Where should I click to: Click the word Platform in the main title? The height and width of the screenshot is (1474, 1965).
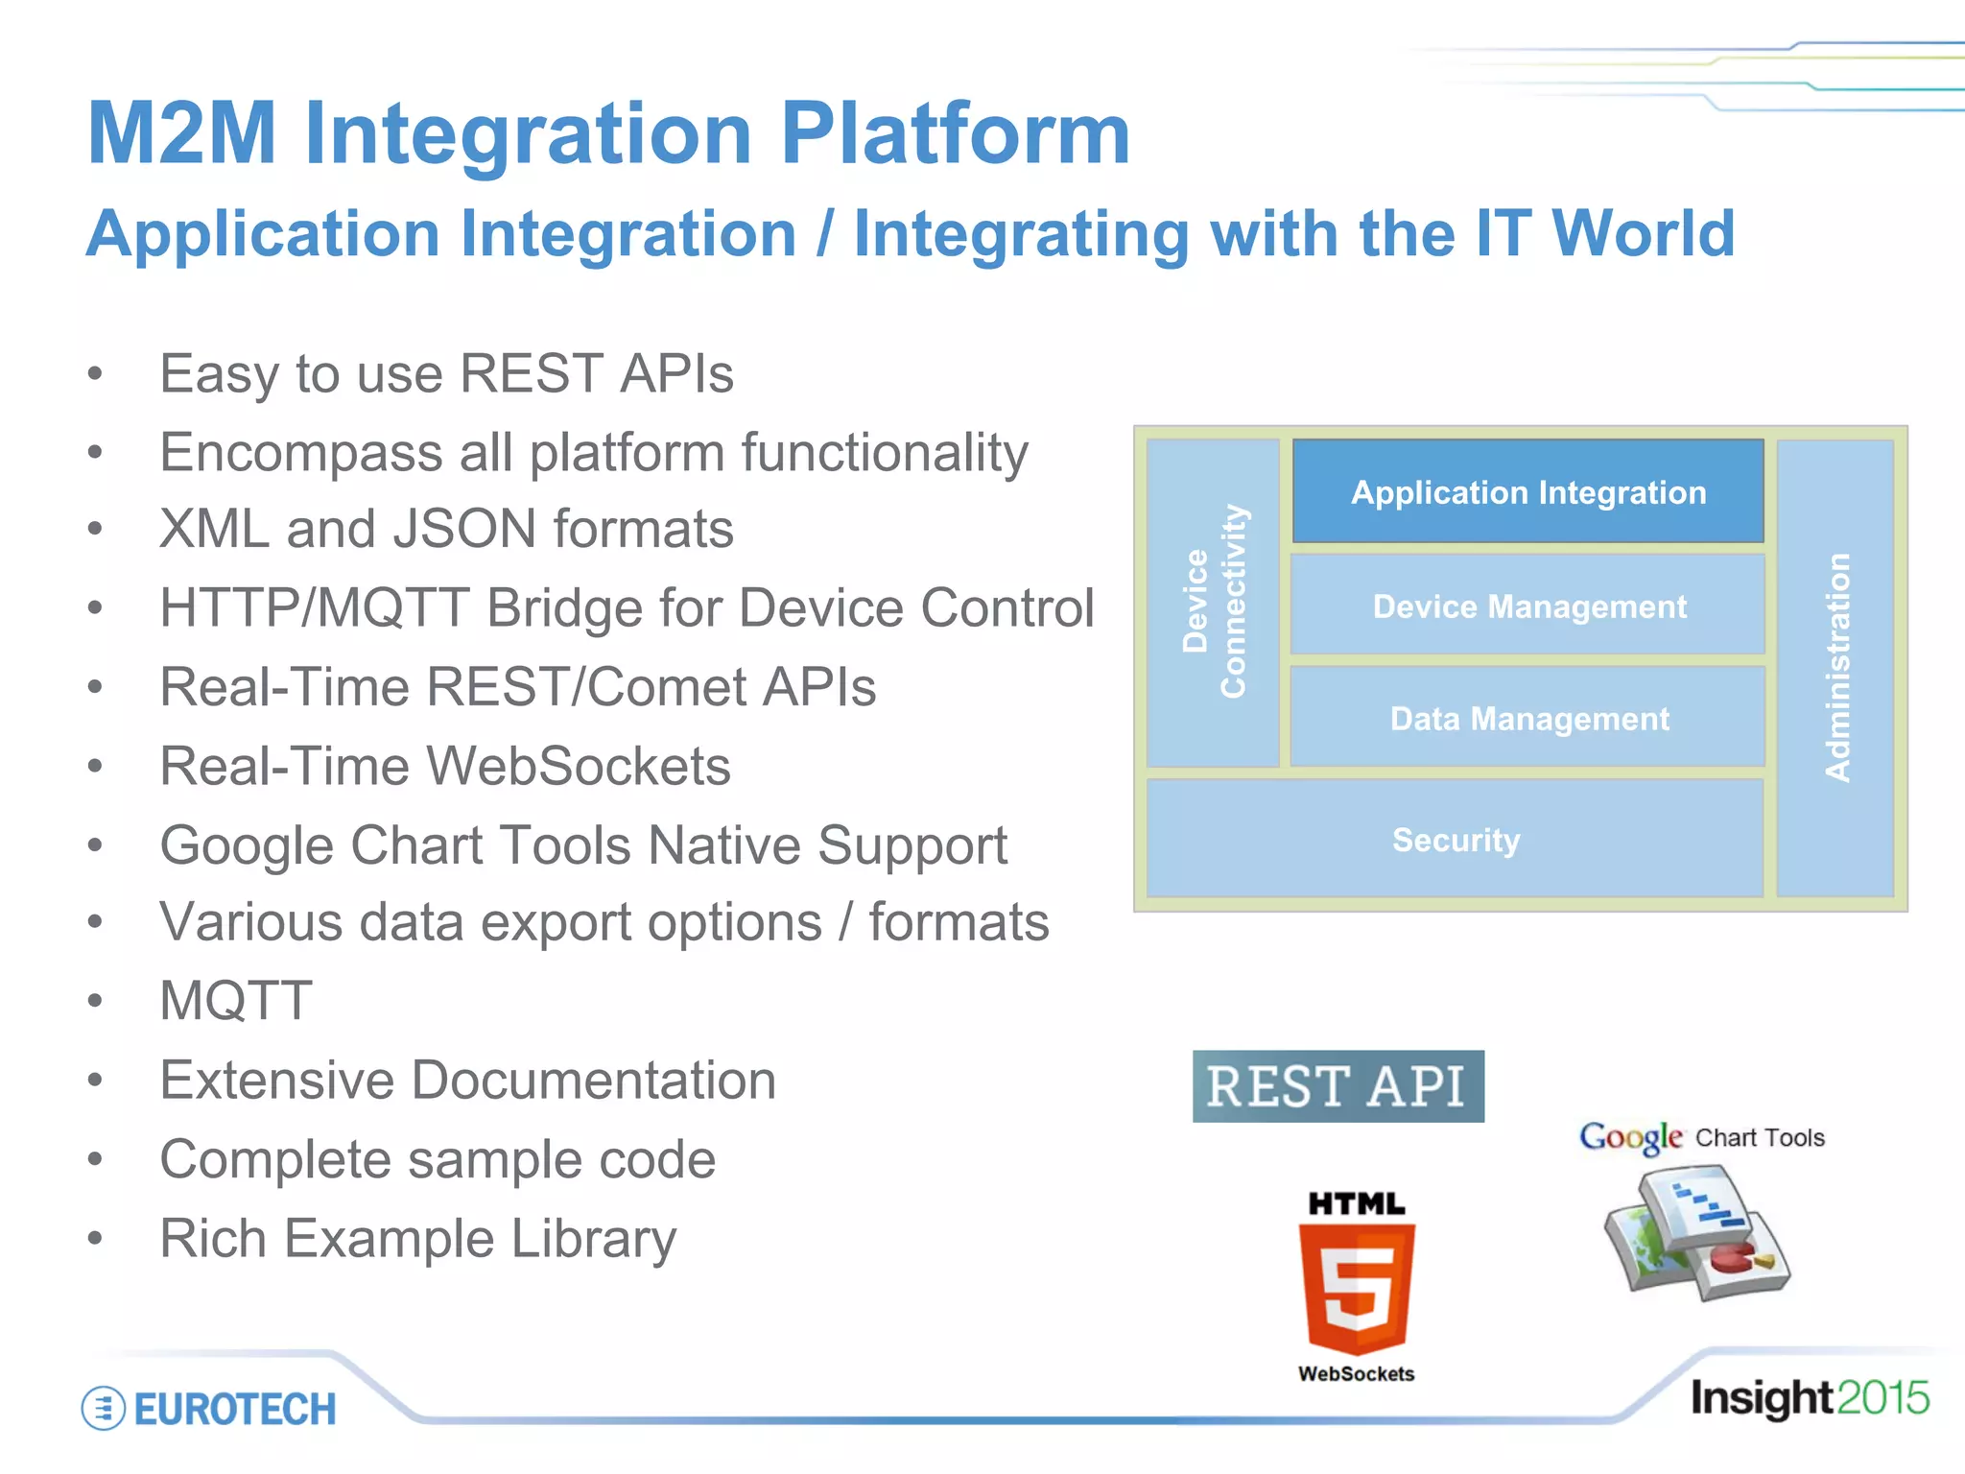click(955, 134)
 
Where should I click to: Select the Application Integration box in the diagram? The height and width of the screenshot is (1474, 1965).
click(1527, 492)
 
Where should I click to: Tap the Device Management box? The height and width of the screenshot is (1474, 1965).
click(1527, 606)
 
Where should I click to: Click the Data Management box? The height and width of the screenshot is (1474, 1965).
click(1527, 719)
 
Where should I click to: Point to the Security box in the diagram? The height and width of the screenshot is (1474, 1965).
click(1455, 840)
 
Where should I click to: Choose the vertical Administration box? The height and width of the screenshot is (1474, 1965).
click(1835, 668)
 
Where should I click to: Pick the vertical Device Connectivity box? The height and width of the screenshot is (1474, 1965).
click(1213, 602)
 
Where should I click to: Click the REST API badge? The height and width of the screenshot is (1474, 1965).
click(1338, 1086)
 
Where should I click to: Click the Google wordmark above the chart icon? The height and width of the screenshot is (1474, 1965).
click(1630, 1137)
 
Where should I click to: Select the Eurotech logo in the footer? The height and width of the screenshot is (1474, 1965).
click(209, 1409)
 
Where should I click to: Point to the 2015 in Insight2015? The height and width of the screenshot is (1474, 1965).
click(1882, 1398)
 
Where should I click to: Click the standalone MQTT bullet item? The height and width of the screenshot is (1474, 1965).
click(236, 1001)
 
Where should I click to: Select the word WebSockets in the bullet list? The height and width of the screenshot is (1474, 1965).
click(579, 767)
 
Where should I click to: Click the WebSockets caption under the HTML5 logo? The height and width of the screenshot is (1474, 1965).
click(1356, 1374)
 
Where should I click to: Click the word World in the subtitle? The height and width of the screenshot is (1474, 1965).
click(1643, 234)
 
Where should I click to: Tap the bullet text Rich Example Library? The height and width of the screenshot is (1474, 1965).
click(417, 1238)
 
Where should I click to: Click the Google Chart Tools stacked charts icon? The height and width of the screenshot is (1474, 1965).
click(1696, 1233)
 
